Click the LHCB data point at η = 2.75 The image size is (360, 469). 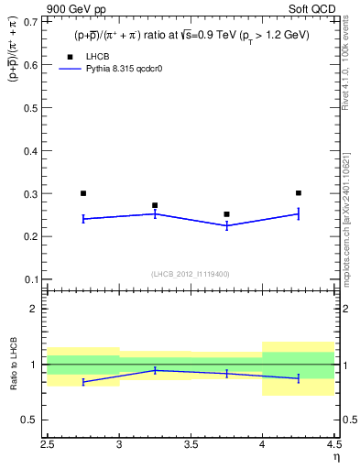[x=83, y=193]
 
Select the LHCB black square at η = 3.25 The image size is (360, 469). [x=155, y=205]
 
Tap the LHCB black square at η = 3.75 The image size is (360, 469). [x=226, y=214]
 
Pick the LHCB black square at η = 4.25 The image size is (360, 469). [x=299, y=193]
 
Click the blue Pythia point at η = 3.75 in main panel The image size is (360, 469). [x=226, y=225]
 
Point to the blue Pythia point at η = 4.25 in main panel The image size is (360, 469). [x=299, y=213]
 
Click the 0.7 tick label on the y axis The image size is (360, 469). [x=32, y=23]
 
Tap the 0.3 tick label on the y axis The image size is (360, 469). [x=32, y=193]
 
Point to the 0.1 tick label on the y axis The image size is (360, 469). [x=32, y=278]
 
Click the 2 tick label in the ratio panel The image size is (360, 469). [x=37, y=309]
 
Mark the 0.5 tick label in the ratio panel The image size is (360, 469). [x=32, y=420]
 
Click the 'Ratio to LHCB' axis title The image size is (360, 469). [x=13, y=365]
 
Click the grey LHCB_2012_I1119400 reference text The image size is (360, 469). [x=191, y=274]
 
